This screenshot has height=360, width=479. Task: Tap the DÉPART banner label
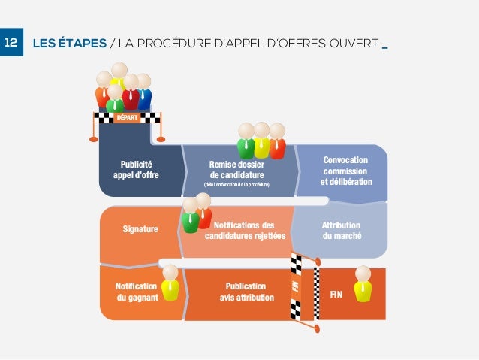coord(126,118)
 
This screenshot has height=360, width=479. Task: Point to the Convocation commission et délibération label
coord(345,171)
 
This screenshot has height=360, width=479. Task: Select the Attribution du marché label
coord(341,230)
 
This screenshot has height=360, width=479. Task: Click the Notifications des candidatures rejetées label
coord(245,230)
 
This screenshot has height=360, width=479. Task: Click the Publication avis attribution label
coord(246,292)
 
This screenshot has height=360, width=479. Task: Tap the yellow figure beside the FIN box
coord(363,284)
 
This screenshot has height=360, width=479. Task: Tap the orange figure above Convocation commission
coord(277,142)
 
